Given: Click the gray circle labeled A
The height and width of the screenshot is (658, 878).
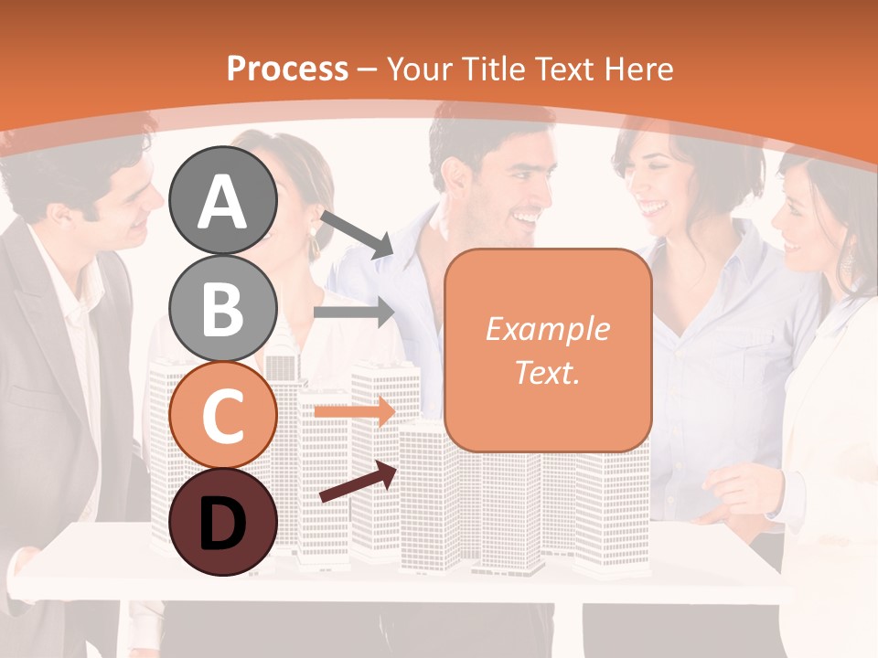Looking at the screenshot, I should [223, 200].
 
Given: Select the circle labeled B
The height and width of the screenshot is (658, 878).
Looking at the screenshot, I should [223, 308].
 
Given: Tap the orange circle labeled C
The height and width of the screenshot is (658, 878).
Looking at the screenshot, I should [223, 415].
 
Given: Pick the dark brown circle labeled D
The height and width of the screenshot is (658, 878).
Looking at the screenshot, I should [223, 522].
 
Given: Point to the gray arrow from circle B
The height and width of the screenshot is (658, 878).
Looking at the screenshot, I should [355, 313].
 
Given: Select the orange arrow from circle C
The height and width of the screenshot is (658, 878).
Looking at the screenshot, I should [355, 411].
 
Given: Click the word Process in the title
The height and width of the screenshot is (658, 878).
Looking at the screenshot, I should [287, 69].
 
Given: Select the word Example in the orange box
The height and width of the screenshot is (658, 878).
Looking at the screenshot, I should [547, 329].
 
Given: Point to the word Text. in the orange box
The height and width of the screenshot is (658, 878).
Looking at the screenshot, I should [547, 372].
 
